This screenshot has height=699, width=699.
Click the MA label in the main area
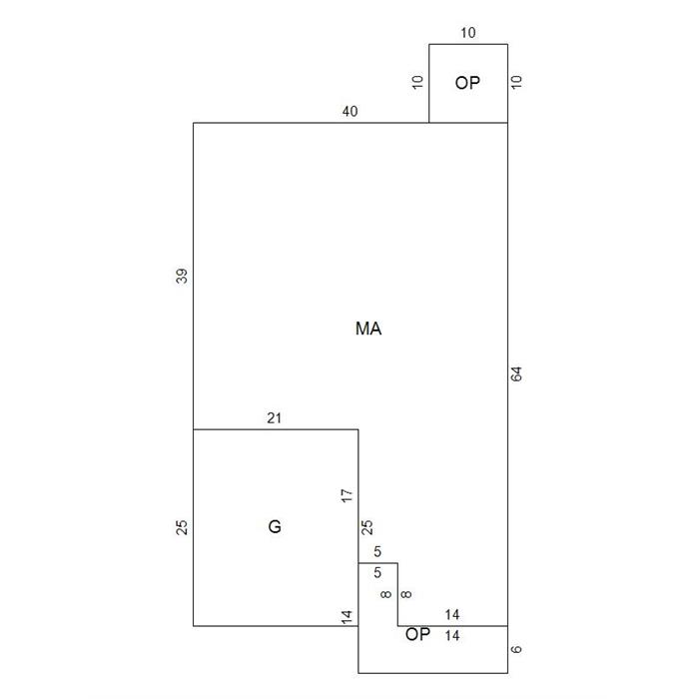(368, 329)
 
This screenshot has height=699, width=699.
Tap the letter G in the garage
(275, 527)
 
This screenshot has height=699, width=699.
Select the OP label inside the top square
(467, 83)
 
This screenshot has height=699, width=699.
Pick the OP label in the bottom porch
(417, 634)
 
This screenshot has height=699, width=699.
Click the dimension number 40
(349, 111)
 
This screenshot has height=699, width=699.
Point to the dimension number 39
(182, 276)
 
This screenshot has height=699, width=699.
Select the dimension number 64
(516, 374)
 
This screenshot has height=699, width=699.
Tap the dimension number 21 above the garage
(275, 418)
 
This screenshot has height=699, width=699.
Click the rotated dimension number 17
(347, 495)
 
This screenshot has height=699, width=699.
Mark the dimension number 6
(516, 649)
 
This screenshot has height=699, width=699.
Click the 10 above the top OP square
(468, 33)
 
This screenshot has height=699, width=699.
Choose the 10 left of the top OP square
(417, 82)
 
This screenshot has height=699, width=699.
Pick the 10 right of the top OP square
(516, 82)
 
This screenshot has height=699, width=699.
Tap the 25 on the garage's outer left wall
(182, 528)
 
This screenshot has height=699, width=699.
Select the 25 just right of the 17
(366, 528)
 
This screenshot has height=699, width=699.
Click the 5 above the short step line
(377, 551)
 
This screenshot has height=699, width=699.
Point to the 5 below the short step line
(377, 572)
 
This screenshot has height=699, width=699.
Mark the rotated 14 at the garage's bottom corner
(347, 616)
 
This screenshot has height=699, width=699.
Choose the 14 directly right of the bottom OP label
(452, 635)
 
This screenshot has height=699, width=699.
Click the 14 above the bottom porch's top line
(452, 615)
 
